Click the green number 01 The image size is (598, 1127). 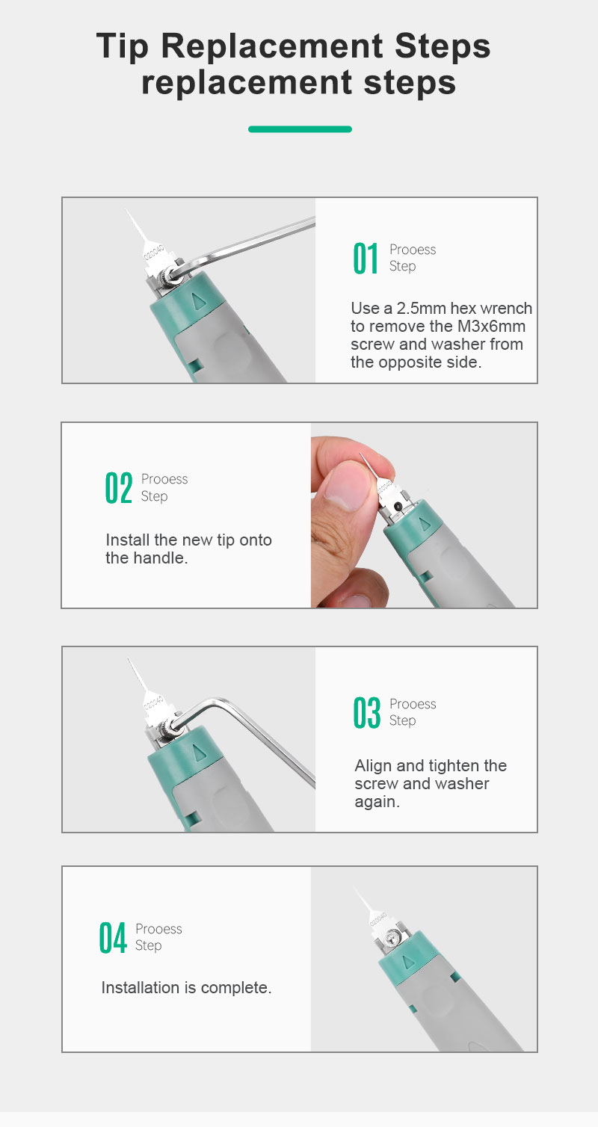point(366,258)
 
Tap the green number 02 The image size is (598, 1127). point(119,487)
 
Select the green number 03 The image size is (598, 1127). point(366,712)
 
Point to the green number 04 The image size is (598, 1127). point(113,937)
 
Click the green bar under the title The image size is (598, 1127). point(300,129)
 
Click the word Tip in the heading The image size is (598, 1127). point(123,46)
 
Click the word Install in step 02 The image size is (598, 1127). point(128,540)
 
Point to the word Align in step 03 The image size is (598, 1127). point(373,766)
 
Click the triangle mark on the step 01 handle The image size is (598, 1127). point(199,301)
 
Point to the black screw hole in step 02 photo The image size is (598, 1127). point(398,506)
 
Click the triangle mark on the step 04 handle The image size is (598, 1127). point(407,962)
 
